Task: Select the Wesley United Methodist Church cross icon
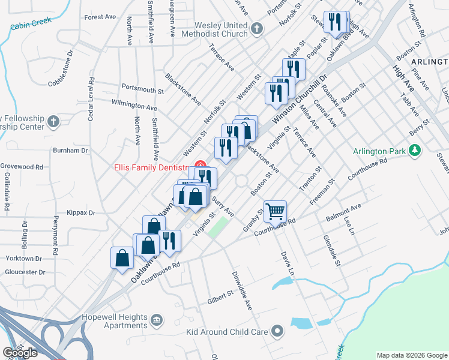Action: pos(257,28)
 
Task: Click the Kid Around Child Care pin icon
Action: pos(277,331)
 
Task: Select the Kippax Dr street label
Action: pos(82,212)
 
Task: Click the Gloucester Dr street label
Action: pos(25,272)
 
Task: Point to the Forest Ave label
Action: pos(100,17)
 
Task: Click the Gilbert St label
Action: pos(220,296)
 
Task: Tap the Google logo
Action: pos(20,352)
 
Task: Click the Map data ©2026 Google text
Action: pos(412,355)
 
